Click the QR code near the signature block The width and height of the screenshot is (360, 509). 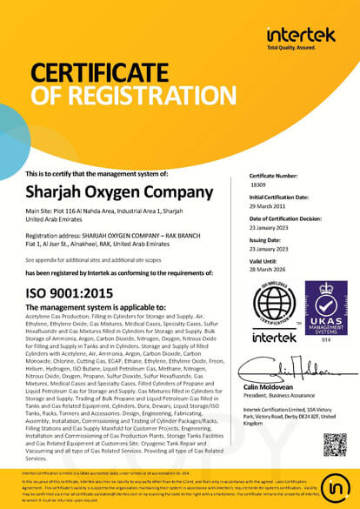click(x=334, y=443)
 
